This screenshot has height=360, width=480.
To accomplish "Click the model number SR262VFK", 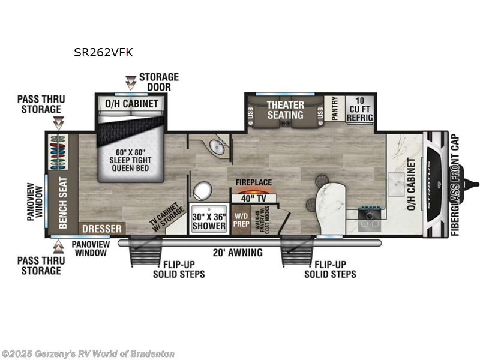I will (x=103, y=52).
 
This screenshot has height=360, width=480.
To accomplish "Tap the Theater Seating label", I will (x=285, y=109).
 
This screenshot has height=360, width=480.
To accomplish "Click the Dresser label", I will (x=102, y=229).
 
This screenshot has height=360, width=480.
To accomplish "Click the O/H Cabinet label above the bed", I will (x=132, y=103).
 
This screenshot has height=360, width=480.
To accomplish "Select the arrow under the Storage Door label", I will (x=130, y=82).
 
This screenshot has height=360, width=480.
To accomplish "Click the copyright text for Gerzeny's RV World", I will (x=88, y=354).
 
